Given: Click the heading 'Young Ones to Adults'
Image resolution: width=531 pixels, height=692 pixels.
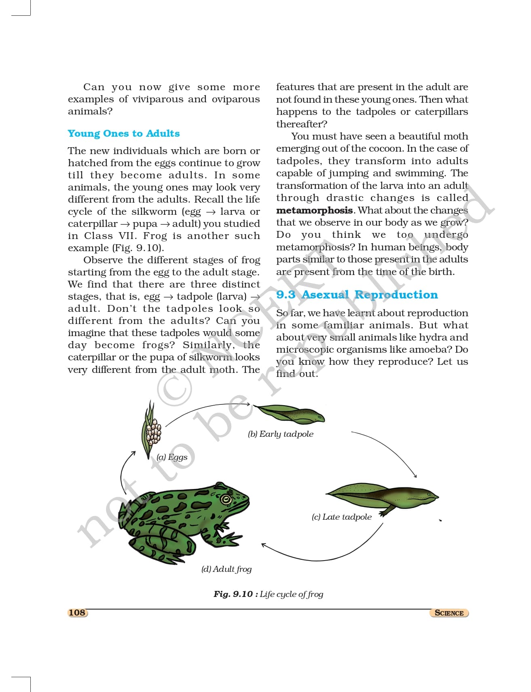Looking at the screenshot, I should pyautogui.click(x=124, y=133).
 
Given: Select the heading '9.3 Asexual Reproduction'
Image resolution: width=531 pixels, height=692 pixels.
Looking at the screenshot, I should pyautogui.click(x=357, y=294).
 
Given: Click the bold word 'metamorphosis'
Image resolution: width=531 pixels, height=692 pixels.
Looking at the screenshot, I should pyautogui.click(x=314, y=210).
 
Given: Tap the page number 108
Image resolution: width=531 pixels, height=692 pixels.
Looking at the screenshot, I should pyautogui.click(x=77, y=612).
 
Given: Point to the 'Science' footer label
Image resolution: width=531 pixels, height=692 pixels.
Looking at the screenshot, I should pyautogui.click(x=449, y=613).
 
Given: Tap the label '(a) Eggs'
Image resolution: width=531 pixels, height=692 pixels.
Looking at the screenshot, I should pyautogui.click(x=172, y=457).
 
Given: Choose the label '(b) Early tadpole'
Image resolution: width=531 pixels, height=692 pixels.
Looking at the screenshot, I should pyautogui.click(x=280, y=434).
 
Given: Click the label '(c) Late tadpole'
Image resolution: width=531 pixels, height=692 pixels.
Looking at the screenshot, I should pyautogui.click(x=341, y=517).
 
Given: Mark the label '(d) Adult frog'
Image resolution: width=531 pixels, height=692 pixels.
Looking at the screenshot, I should pyautogui.click(x=226, y=569).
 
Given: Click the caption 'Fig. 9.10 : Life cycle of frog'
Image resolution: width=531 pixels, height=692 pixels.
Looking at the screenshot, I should pyautogui.click(x=268, y=594).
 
